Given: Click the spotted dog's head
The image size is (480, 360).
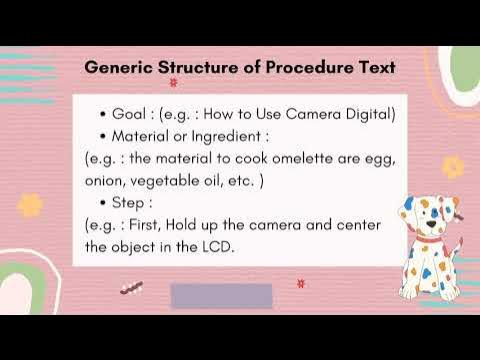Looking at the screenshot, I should pyautogui.click(x=421, y=212).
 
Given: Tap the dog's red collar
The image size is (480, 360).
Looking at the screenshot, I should pyautogui.click(x=427, y=241).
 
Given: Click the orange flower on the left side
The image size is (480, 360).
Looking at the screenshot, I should pyautogui.click(x=30, y=205).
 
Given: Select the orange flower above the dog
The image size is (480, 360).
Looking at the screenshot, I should pyautogui.click(x=453, y=166).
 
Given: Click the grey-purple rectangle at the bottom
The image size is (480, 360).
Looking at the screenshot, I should pyautogui.click(x=222, y=296).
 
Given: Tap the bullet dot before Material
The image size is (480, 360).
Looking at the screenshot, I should pyautogui.click(x=104, y=135).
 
